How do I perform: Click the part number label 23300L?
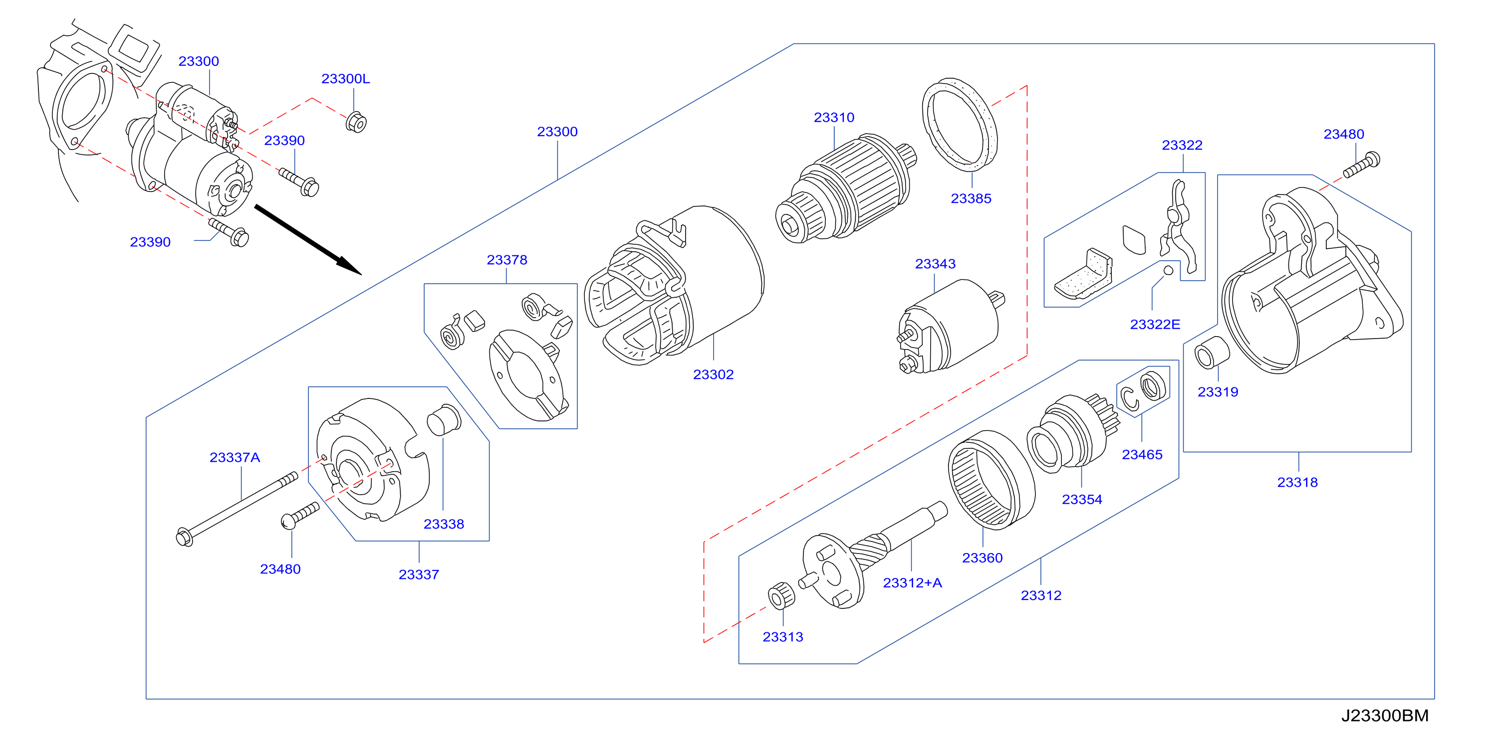tap(345, 79)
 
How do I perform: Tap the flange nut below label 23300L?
tap(356, 122)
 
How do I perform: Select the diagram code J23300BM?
tap(1385, 715)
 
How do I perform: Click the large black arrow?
tap(308, 240)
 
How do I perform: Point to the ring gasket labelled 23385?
tap(960, 125)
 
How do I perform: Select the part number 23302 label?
tap(713, 374)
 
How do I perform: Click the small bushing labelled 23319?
tap(1212, 353)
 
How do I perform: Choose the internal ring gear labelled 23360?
tap(991, 480)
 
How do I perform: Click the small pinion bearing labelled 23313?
tap(781, 596)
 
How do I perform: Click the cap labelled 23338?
tap(444, 419)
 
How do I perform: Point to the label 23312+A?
tap(912, 583)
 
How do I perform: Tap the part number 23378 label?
tap(506, 260)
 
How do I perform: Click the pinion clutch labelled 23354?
tap(1073, 433)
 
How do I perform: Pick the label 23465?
tap(1142, 455)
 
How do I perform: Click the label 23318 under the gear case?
tap(1297, 482)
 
